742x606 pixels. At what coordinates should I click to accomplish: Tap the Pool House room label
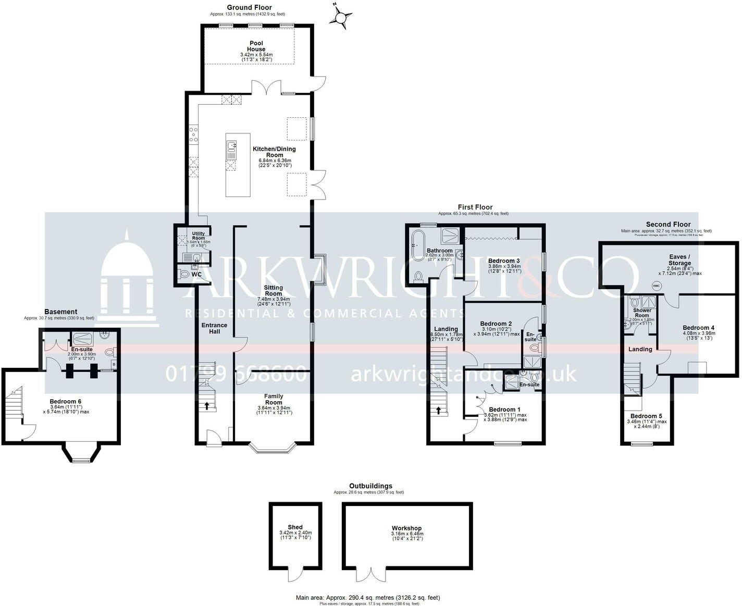click(x=256, y=46)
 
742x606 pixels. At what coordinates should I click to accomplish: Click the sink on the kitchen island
click(x=231, y=147)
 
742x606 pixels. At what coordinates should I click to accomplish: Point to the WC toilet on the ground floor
click(x=183, y=274)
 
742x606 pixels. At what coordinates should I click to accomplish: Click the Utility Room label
click(x=199, y=236)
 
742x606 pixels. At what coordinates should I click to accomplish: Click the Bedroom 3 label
click(x=503, y=261)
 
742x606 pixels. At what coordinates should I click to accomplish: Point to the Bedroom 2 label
click(x=496, y=324)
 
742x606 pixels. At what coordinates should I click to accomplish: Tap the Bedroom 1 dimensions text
click(x=505, y=417)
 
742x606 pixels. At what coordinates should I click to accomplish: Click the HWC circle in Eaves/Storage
click(x=657, y=286)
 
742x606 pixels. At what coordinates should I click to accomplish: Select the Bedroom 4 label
click(x=698, y=328)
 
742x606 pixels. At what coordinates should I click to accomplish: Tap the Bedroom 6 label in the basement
click(x=66, y=401)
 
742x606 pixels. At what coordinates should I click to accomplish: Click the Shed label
click(x=295, y=527)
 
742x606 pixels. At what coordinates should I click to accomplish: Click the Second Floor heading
click(x=668, y=225)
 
